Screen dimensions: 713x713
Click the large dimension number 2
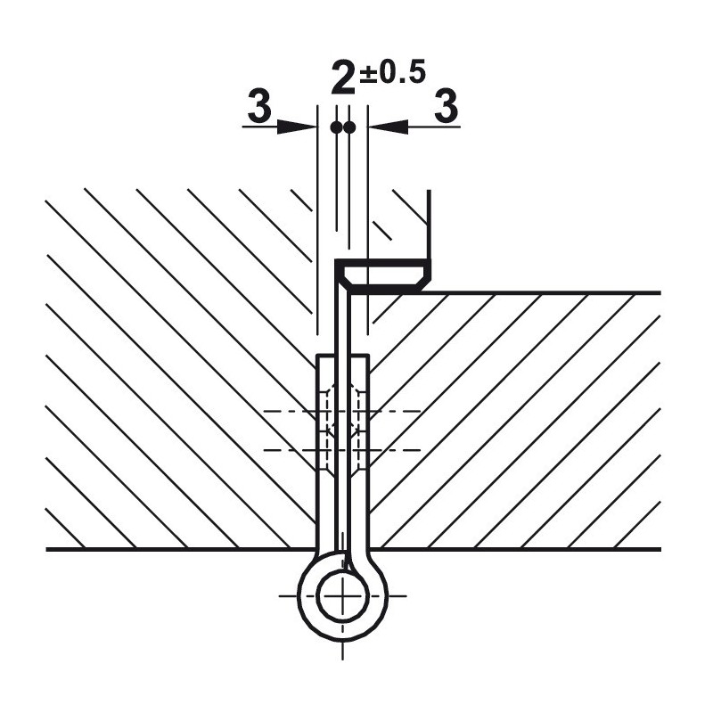pyautogui.click(x=344, y=79)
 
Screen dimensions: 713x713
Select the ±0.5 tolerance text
pyautogui.click(x=392, y=71)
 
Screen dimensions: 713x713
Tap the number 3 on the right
pyautogui.click(x=447, y=105)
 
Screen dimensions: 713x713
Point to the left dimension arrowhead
pyautogui.click(x=297, y=127)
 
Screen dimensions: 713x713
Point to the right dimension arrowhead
pyautogui.click(x=389, y=127)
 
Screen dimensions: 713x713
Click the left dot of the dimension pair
pyautogui.click(x=337, y=127)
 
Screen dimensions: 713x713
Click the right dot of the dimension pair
pyautogui.click(x=349, y=127)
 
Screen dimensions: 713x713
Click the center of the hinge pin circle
pyautogui.click(x=342, y=595)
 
